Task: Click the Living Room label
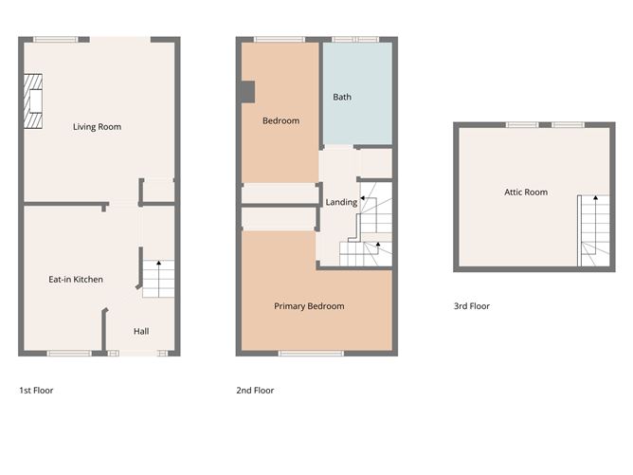click(x=97, y=126)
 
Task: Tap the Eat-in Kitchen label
click(x=76, y=280)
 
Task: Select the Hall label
click(x=140, y=331)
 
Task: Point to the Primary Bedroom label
click(x=309, y=306)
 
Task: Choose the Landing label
click(x=341, y=202)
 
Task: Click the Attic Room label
click(x=525, y=192)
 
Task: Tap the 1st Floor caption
click(x=36, y=390)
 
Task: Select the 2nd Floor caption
click(x=255, y=390)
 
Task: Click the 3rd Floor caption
click(x=471, y=306)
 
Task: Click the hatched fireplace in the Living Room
click(x=34, y=100)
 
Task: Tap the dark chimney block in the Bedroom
click(x=247, y=92)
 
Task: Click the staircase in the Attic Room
click(x=595, y=231)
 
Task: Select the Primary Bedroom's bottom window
click(x=310, y=354)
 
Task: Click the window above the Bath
click(x=355, y=39)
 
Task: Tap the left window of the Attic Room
click(x=522, y=124)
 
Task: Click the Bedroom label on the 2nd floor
click(x=280, y=120)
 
